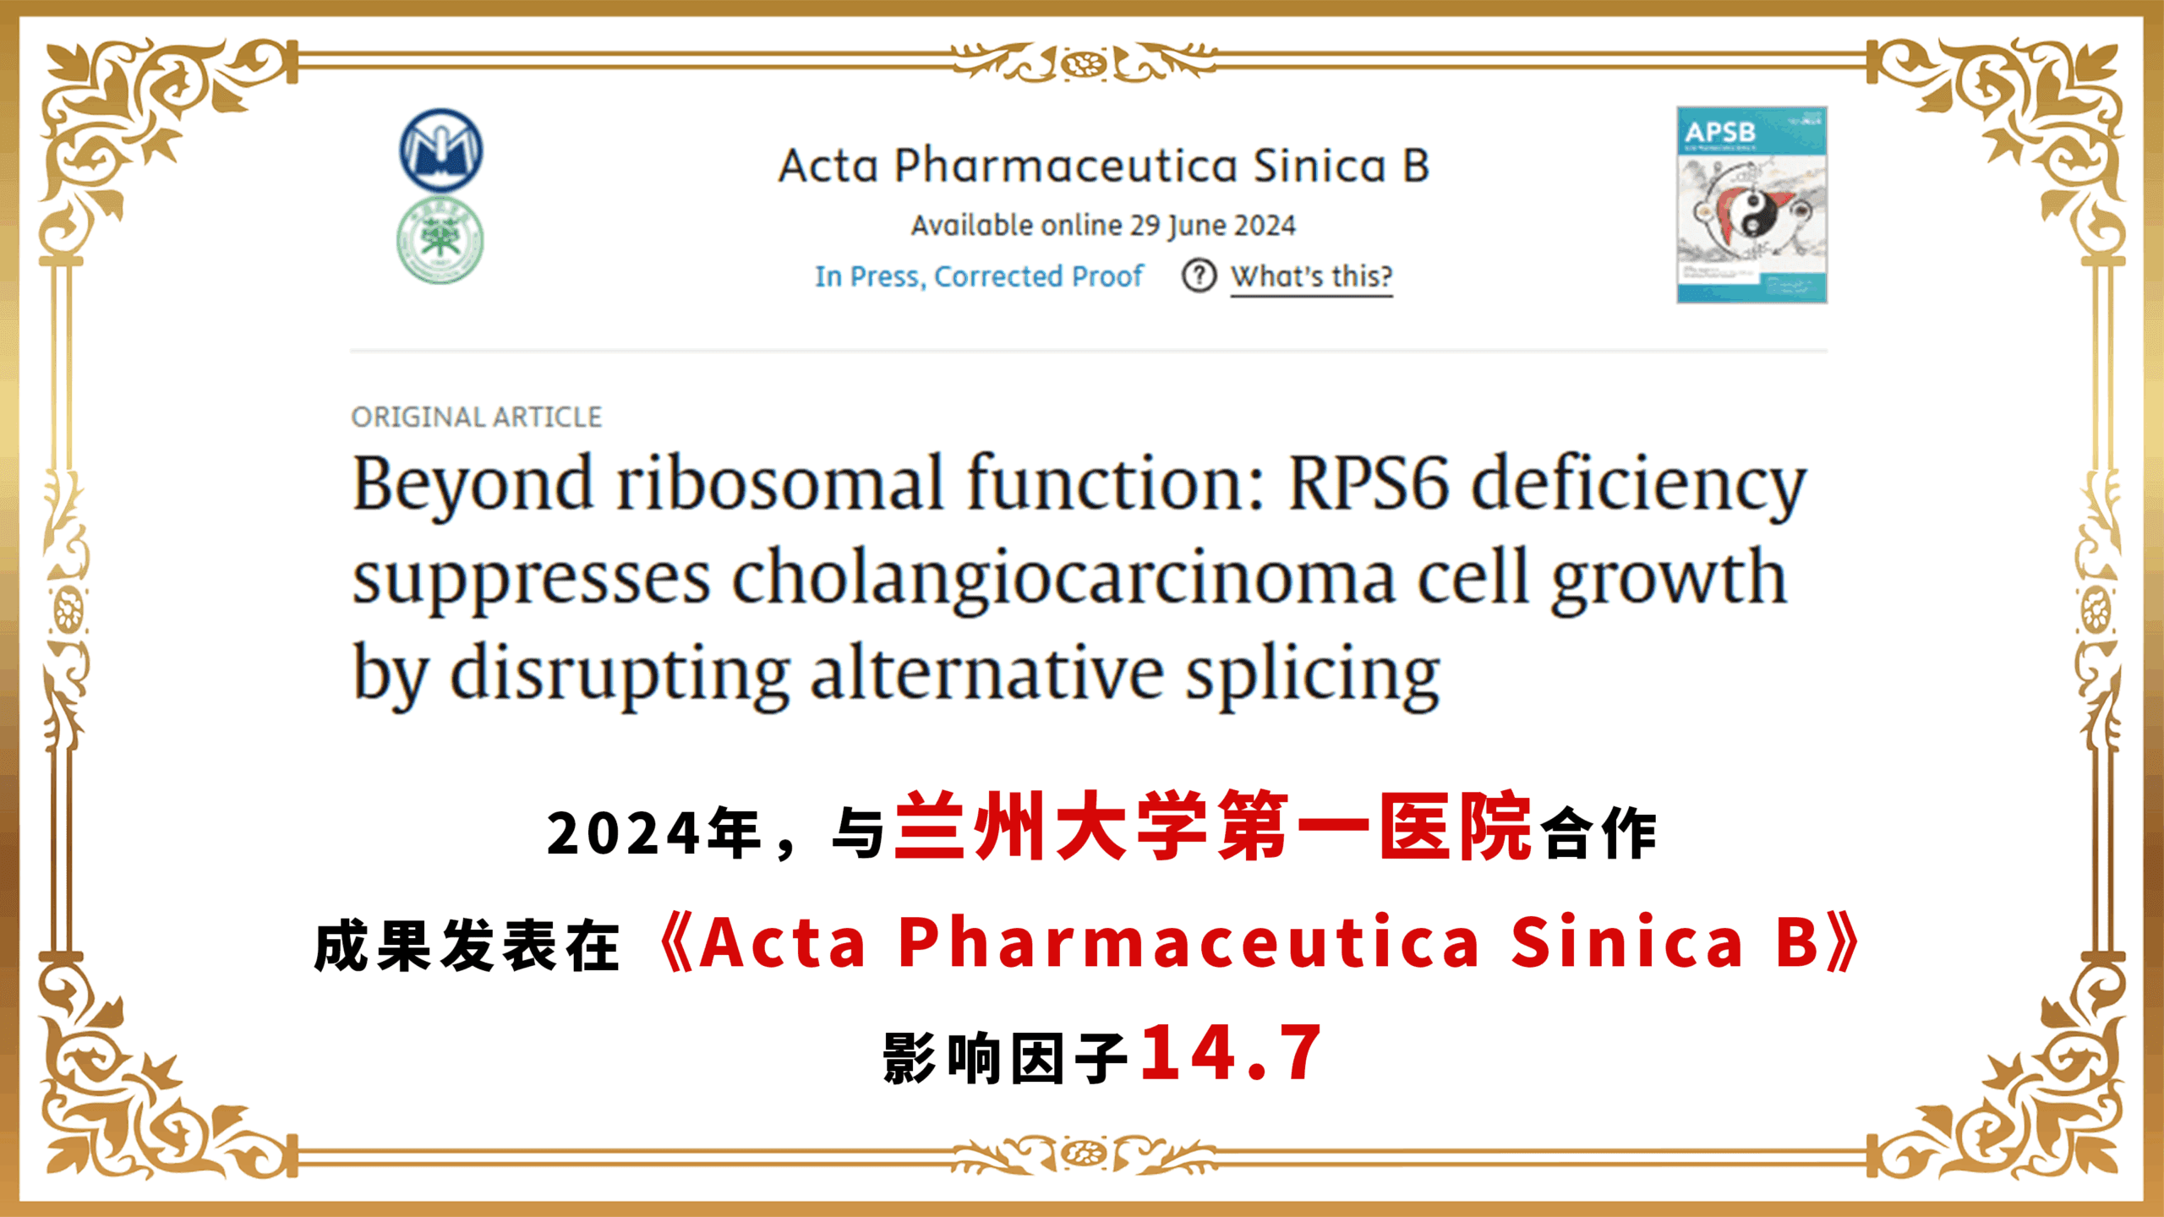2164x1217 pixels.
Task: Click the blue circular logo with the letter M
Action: [x=440, y=150]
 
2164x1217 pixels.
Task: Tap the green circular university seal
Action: [x=440, y=240]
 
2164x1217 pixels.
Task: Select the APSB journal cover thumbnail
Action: [x=1751, y=205]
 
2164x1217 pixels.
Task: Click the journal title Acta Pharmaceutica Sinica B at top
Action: [x=1103, y=166]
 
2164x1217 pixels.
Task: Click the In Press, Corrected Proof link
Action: [x=979, y=276]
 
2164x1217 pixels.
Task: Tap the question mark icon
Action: [x=1199, y=276]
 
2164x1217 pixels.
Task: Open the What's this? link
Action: [x=1311, y=276]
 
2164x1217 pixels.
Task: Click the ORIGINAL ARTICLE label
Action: [x=477, y=417]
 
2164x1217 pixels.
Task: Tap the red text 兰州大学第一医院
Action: [x=1213, y=827]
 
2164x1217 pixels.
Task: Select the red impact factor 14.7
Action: [x=1232, y=1053]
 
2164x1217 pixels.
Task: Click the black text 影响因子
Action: [x=1006, y=1057]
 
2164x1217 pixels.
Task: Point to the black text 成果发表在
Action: [x=467, y=946]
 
